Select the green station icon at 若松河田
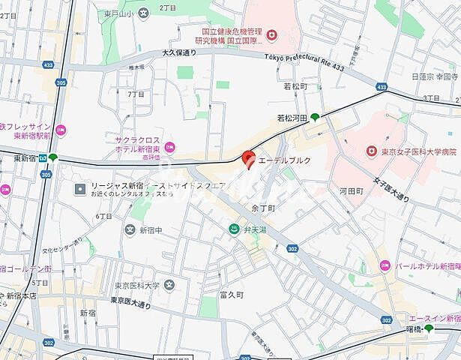pos(315,116)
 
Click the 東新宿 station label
pos(25,158)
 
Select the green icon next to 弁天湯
pos(235,229)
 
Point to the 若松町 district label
pos(295,87)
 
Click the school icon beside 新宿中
pos(130,229)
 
